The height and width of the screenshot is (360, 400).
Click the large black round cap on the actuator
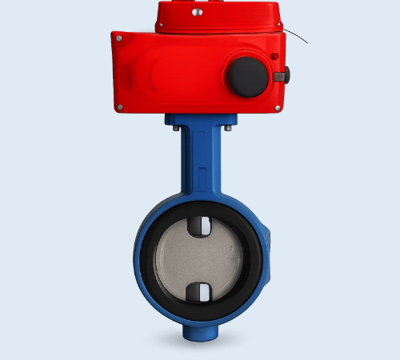[248, 77]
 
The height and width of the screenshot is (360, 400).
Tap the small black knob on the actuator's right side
[282, 76]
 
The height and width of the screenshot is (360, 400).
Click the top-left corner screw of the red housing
[119, 38]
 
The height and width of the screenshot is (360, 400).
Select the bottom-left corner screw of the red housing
[119, 106]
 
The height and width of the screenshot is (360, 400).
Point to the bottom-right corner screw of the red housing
[278, 107]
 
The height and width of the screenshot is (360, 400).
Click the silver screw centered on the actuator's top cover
[198, 12]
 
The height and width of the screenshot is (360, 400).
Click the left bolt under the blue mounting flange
[174, 126]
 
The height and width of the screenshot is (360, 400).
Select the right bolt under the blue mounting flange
[227, 126]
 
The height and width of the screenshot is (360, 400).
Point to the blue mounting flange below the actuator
[200, 119]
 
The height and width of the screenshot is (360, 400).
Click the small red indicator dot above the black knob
[274, 56]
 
